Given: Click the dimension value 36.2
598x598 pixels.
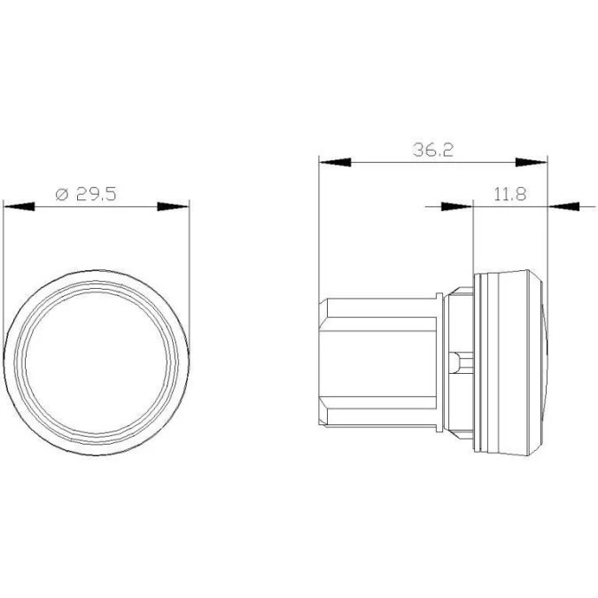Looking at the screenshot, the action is click(x=433, y=150).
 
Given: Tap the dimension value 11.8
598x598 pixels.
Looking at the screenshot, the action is click(x=510, y=194).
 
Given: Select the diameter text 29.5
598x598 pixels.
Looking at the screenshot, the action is click(x=96, y=194).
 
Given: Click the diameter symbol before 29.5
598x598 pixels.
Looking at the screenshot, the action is click(x=62, y=195).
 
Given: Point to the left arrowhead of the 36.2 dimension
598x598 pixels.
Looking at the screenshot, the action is click(x=335, y=162).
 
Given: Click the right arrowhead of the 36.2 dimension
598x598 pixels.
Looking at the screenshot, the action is click(x=532, y=162).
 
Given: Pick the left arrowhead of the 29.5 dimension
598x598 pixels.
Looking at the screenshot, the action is click(x=19, y=206).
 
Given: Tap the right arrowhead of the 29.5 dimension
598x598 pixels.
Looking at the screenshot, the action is click(x=173, y=206).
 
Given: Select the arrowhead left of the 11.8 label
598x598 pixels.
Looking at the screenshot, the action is click(x=457, y=206).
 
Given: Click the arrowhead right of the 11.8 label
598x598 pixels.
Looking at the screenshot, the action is click(x=563, y=206).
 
